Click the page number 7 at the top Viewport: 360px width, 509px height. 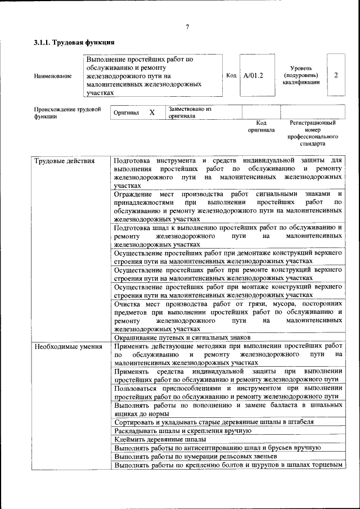(x=187, y=27)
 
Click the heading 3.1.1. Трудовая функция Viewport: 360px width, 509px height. (x=74, y=43)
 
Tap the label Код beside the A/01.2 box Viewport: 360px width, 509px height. (x=231, y=75)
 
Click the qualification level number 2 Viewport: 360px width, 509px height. (x=336, y=75)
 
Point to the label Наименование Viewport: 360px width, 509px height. (x=53, y=76)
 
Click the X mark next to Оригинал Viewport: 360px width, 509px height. (x=152, y=112)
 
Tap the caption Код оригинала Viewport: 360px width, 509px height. (x=261, y=126)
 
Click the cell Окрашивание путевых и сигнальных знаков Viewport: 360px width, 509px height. (x=178, y=337)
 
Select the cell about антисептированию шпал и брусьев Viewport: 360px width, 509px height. (x=217, y=448)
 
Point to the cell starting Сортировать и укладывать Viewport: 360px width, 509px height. (x=214, y=421)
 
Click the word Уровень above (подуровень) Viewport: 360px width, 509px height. (x=301, y=67)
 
